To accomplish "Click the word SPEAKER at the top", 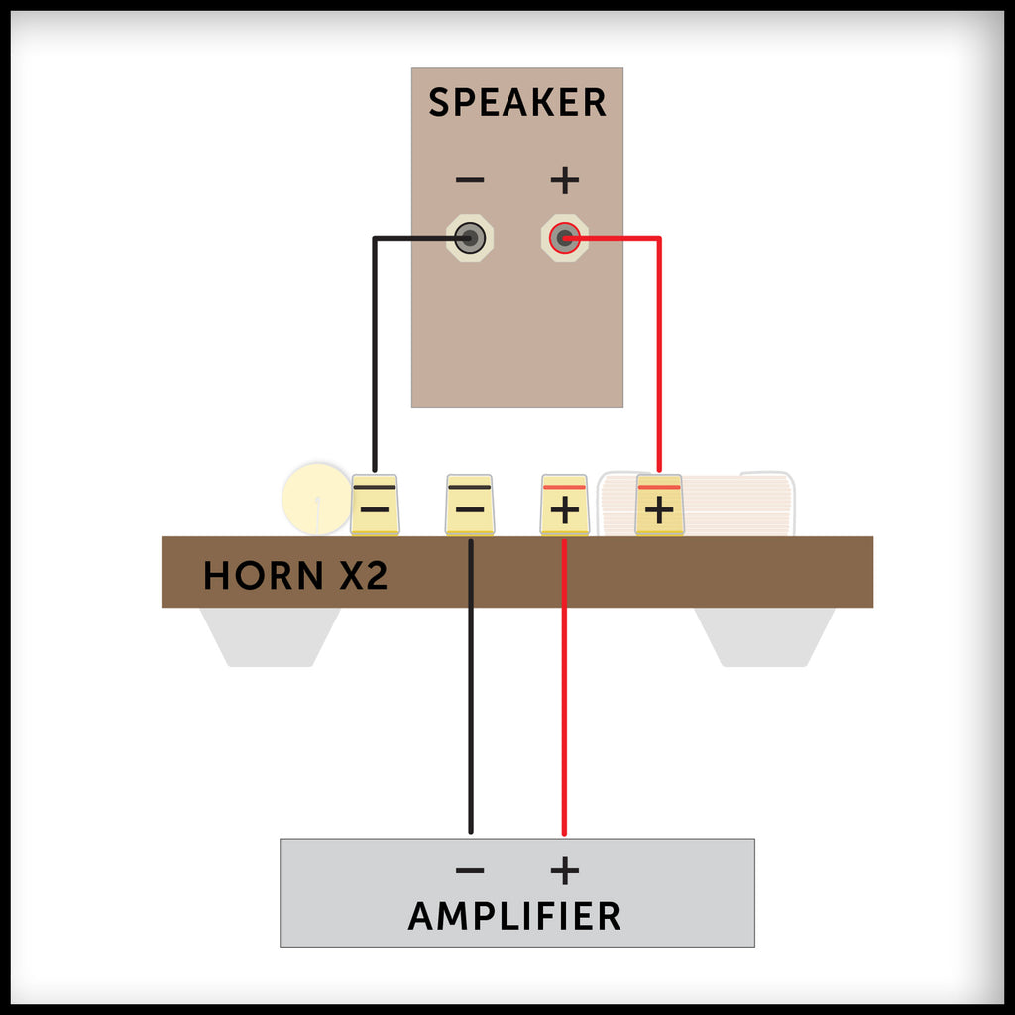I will coord(516,103).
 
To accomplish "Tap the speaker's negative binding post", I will coord(470,238).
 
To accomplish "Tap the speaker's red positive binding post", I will coord(564,238).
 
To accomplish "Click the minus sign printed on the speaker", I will coord(470,180).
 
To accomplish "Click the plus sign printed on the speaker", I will coord(564,180).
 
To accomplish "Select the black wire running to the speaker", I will coord(374,347).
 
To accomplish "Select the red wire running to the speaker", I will coord(659,347).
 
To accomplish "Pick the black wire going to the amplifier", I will coord(470,694).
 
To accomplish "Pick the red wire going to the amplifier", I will coord(564,694).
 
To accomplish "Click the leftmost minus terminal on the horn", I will coord(375,505).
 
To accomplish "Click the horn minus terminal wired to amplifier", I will coord(470,505).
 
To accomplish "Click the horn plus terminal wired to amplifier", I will coord(564,505).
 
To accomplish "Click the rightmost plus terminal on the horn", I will coord(659,505).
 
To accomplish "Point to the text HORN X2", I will coord(294,576).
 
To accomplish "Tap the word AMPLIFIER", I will coord(514,916).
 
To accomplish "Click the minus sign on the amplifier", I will coord(470,871).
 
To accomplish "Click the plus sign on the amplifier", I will coord(564,871).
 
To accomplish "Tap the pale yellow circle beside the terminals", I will coord(315,499).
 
